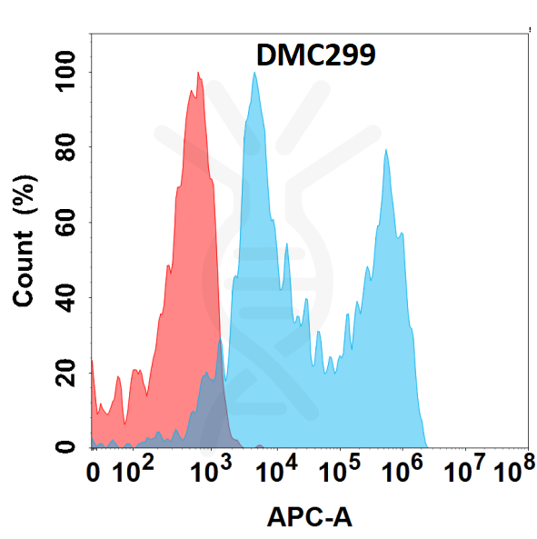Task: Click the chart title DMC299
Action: (x=312, y=56)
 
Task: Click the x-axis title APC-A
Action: (x=309, y=517)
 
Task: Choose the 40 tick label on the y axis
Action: (x=65, y=297)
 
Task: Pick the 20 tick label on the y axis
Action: (x=65, y=372)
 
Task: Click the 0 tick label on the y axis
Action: (x=65, y=446)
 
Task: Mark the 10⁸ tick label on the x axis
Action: (x=513, y=471)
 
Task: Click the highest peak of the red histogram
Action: (x=197, y=75)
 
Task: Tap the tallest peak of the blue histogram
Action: (x=255, y=74)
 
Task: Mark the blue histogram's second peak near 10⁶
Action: (x=386, y=151)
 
